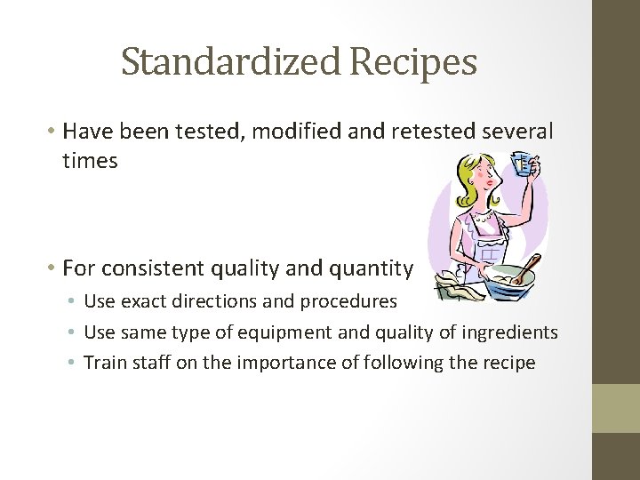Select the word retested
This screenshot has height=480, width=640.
click(x=435, y=132)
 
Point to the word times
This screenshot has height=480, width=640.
click(x=90, y=161)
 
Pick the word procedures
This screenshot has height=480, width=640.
click(x=351, y=301)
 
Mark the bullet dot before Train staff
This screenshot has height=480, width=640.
click(x=75, y=363)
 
